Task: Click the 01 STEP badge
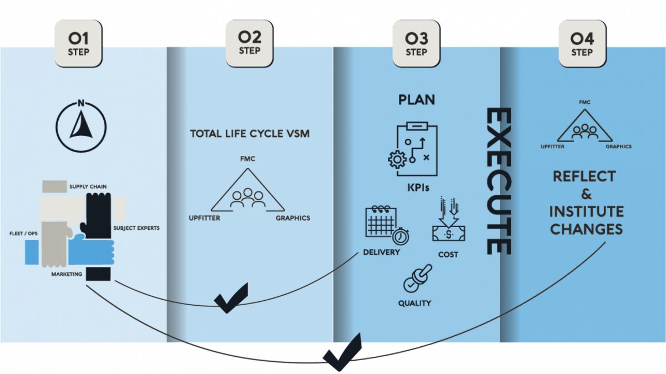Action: pyautogui.click(x=78, y=44)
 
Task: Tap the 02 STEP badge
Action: pyautogui.click(x=249, y=44)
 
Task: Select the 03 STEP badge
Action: pyautogui.click(x=416, y=44)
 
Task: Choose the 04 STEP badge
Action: pyautogui.click(x=582, y=44)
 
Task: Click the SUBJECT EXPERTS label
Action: pyautogui.click(x=136, y=228)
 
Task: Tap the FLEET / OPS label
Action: pyautogui.click(x=24, y=233)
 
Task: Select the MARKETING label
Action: pyautogui.click(x=67, y=274)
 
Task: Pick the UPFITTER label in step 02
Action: pyautogui.click(x=204, y=218)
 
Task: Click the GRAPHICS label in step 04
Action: pyautogui.click(x=618, y=147)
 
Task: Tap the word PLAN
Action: pyautogui.click(x=416, y=100)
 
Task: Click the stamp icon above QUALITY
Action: pyautogui.click(x=417, y=278)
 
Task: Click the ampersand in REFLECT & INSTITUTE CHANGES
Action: pyautogui.click(x=587, y=194)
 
